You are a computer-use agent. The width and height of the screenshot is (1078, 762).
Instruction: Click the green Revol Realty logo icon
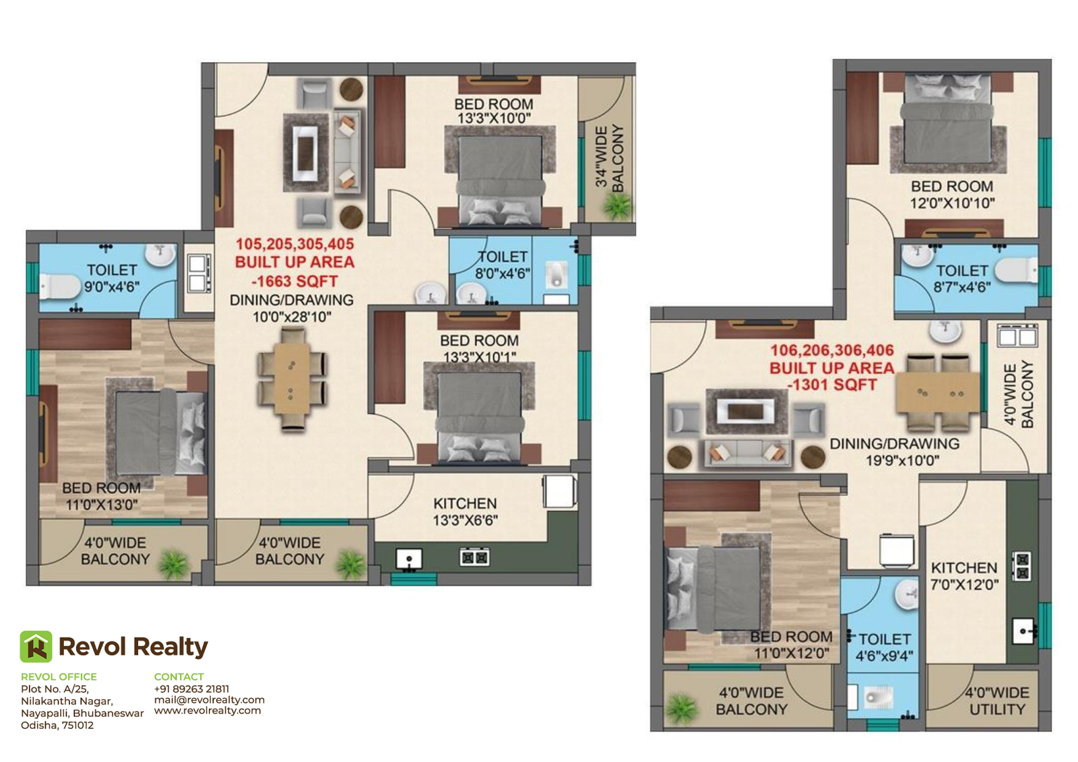tap(36, 647)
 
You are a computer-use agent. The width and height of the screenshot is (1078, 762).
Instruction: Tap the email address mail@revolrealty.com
tap(210, 699)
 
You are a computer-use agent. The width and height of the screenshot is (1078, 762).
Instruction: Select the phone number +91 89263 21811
tap(191, 689)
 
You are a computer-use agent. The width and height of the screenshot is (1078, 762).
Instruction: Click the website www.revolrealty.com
tap(208, 711)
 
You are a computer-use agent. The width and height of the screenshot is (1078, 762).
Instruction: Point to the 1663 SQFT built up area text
tap(294, 281)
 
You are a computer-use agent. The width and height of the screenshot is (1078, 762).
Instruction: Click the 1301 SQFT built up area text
tap(832, 385)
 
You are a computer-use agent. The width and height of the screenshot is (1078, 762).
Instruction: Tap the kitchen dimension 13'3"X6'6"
tap(466, 520)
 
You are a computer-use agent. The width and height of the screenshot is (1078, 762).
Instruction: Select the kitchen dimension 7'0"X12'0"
tap(964, 584)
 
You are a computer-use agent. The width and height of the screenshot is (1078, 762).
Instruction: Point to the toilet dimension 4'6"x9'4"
tap(885, 656)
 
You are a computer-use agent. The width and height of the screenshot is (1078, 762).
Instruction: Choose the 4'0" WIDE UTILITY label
tap(997, 701)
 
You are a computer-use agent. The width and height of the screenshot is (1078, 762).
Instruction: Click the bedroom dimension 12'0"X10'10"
tap(952, 203)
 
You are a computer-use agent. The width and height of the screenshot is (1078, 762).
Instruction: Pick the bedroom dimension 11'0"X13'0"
tap(102, 505)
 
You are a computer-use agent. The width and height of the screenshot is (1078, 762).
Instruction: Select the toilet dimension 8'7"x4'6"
tap(962, 288)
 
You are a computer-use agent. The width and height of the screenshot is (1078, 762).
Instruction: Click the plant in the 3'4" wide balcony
tap(617, 205)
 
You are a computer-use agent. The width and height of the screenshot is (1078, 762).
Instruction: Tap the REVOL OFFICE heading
tap(59, 676)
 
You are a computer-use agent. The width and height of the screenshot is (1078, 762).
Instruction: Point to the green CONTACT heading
tap(179, 676)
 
